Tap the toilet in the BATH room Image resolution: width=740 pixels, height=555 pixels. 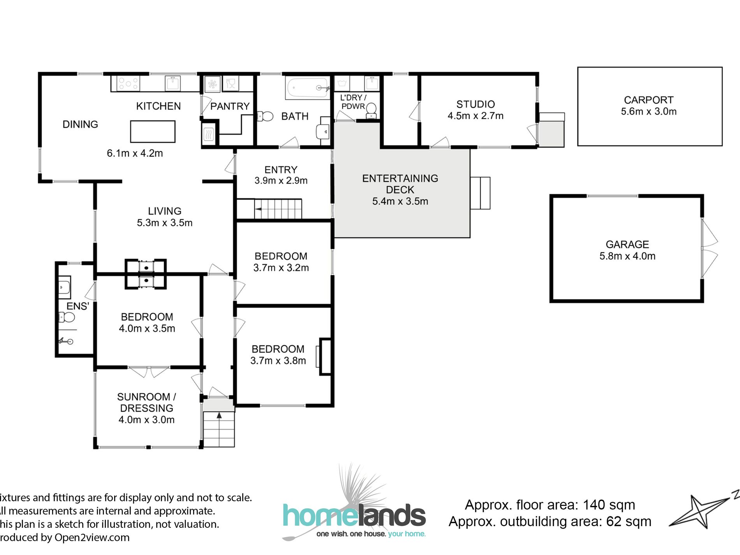(266, 116)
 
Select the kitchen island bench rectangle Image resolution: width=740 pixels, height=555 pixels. (153, 132)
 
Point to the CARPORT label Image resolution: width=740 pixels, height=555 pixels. (648, 100)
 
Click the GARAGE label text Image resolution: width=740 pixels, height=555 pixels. (627, 245)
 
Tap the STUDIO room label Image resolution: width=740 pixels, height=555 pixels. (476, 104)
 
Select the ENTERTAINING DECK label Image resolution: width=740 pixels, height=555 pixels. (400, 184)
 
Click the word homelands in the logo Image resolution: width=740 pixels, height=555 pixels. (354, 516)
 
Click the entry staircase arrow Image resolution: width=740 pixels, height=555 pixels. (258, 210)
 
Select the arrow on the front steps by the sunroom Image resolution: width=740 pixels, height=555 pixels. (219, 416)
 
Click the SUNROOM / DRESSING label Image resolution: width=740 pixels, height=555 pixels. (146, 402)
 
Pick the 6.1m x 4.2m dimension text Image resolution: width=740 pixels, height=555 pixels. (135, 153)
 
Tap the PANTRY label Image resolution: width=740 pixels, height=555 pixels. (230, 106)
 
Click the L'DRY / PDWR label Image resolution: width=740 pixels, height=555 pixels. (353, 102)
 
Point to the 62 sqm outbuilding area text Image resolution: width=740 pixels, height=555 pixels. (629, 522)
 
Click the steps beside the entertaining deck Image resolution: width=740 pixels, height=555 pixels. (480, 193)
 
